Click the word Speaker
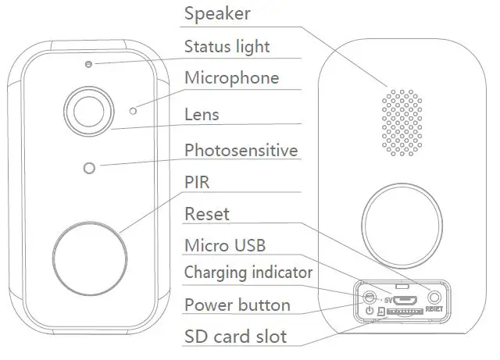tap(216, 15)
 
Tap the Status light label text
tap(227, 47)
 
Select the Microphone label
tap(231, 79)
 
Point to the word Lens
tap(202, 115)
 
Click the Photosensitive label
tap(241, 150)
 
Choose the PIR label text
tap(197, 182)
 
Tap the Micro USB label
tap(225, 246)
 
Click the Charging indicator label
tap(248, 273)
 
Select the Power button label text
tap(237, 305)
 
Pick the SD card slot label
tap(235, 337)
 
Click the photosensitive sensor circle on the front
tap(90, 167)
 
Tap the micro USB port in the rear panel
tap(405, 298)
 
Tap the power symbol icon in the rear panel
tap(370, 312)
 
